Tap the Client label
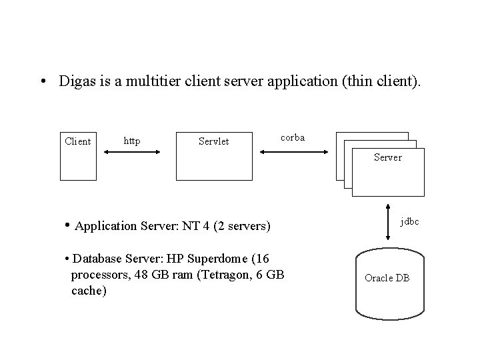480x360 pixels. point(77,141)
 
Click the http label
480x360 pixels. point(132,141)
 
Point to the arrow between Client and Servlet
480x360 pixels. point(132,153)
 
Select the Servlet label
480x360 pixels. point(214,141)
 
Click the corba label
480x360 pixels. point(293,137)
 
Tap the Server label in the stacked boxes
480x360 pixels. point(387,157)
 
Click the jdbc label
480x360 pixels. point(409,221)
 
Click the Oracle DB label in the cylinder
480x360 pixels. point(387,278)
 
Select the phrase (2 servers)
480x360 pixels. point(243,226)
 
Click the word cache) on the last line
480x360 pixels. point(88,291)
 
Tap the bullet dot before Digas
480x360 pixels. point(43,83)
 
